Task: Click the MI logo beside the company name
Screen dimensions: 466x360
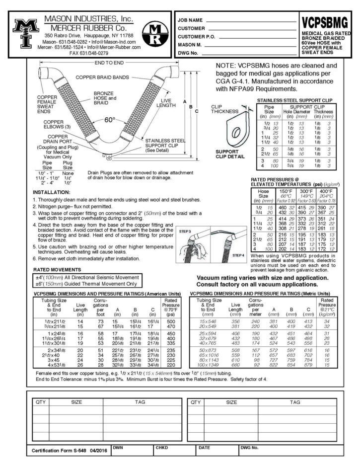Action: point(24,33)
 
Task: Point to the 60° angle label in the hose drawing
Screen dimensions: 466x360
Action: point(109,120)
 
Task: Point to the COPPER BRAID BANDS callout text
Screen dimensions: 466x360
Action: point(102,77)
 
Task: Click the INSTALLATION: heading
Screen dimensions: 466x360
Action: point(52,192)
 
